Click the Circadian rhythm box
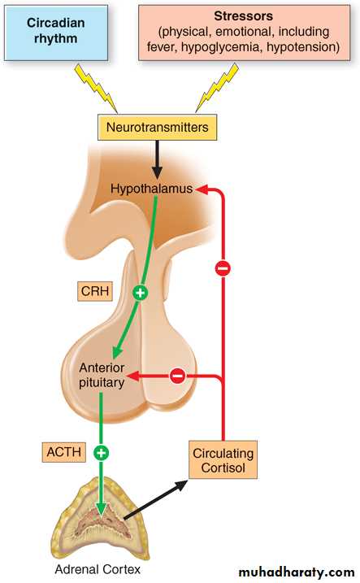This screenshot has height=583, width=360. pos(56,33)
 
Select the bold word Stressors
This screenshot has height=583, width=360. pos(243,16)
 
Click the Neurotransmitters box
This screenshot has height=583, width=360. pos(157,127)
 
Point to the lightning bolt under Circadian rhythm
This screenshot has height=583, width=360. pos(96,88)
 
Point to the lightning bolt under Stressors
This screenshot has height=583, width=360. pos(217,87)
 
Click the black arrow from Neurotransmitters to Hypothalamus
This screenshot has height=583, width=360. pos(157,159)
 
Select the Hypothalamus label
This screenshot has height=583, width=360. pos(152,189)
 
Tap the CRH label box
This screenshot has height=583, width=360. pos(95,291)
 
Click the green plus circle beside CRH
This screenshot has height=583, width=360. pos(140,293)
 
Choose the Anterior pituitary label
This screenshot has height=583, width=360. pos(102,375)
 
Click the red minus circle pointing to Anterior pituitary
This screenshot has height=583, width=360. pos(178,375)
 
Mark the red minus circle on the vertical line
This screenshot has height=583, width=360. pos(223,268)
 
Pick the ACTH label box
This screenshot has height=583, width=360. pos(64,452)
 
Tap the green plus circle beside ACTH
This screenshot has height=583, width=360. pos(101,452)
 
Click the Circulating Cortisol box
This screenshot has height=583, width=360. pos(223,460)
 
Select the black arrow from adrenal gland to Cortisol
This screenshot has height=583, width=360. pos(156,499)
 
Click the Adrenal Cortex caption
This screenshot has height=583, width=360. pos(98,569)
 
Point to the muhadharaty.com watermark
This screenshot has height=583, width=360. pos(297,572)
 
